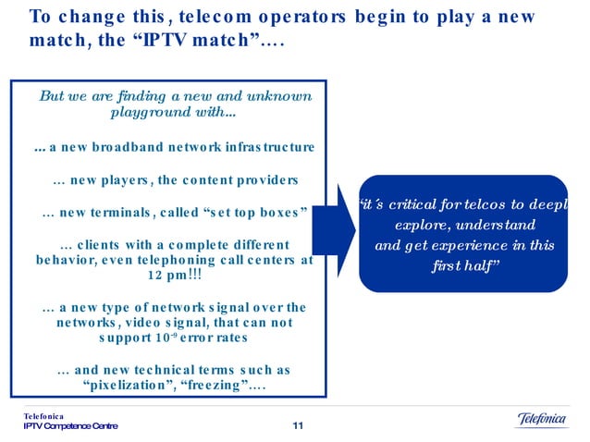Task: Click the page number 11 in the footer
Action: pyautogui.click(x=297, y=425)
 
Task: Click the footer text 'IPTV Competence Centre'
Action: pyautogui.click(x=70, y=426)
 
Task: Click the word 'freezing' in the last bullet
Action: pyautogui.click(x=221, y=386)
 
